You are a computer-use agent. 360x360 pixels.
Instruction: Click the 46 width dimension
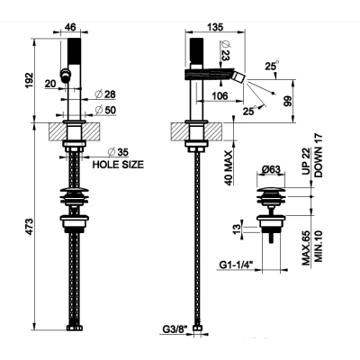70,27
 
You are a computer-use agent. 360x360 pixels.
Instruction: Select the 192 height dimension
29,80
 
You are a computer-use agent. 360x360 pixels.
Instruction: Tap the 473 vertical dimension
29,227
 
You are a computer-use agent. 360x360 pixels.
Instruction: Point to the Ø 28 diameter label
105,94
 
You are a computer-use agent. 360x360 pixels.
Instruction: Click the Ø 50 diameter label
105,110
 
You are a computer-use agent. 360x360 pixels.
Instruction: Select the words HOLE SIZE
118,165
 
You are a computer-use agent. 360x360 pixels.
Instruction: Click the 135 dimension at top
215,27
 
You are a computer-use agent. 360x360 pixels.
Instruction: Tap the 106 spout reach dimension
220,96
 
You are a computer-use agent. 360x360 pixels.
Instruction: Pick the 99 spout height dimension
287,102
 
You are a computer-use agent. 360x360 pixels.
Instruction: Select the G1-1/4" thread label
237,265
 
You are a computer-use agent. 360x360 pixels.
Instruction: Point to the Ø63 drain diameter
270,170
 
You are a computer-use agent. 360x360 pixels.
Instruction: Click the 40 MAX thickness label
229,168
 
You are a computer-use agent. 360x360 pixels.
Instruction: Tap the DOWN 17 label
319,156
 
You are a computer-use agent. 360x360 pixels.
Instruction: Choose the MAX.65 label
306,247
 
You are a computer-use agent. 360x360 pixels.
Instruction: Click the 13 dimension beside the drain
237,229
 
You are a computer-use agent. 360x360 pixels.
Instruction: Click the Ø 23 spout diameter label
225,50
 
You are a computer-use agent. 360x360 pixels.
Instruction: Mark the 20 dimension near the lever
50,84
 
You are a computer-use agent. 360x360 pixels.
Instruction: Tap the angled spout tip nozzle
239,76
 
